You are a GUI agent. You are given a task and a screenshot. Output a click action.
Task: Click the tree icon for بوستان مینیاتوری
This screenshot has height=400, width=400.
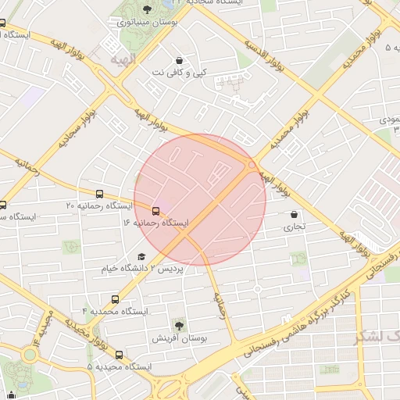pos(148,9)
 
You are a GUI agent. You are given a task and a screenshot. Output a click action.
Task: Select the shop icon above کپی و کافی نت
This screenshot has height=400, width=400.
pos(180,59)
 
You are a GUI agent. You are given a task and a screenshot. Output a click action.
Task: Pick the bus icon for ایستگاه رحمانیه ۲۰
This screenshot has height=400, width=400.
pos(99,194)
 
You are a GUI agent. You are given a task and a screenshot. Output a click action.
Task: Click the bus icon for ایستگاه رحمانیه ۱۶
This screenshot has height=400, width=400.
pos(155,211)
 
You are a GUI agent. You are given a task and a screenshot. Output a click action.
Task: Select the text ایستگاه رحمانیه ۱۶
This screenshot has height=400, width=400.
pos(155,223)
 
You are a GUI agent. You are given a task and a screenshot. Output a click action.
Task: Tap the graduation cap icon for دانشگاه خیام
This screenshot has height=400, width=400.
pos(141,256)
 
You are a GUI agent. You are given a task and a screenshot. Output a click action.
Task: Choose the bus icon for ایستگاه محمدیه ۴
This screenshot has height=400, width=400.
pos(116,298)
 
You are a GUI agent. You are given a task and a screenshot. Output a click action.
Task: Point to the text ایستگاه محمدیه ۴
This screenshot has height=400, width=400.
pos(115,311)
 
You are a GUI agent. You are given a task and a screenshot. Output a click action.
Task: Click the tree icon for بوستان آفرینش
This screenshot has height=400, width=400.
pos(180,324)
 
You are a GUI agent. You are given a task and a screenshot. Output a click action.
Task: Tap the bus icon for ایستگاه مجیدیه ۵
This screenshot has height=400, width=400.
pos(119,354)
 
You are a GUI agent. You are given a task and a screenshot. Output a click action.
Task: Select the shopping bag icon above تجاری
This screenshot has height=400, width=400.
pos(294,214)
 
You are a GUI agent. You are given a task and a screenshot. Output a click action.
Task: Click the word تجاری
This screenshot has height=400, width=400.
pos(294,227)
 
